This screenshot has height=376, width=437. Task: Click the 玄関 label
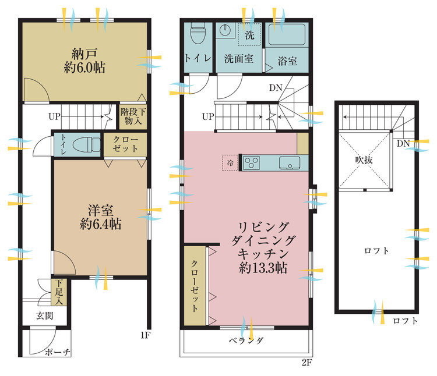[44, 315]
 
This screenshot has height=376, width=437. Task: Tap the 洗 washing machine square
[249, 34]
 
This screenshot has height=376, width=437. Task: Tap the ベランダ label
[245, 340]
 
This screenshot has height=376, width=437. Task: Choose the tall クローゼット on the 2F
[195, 286]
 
